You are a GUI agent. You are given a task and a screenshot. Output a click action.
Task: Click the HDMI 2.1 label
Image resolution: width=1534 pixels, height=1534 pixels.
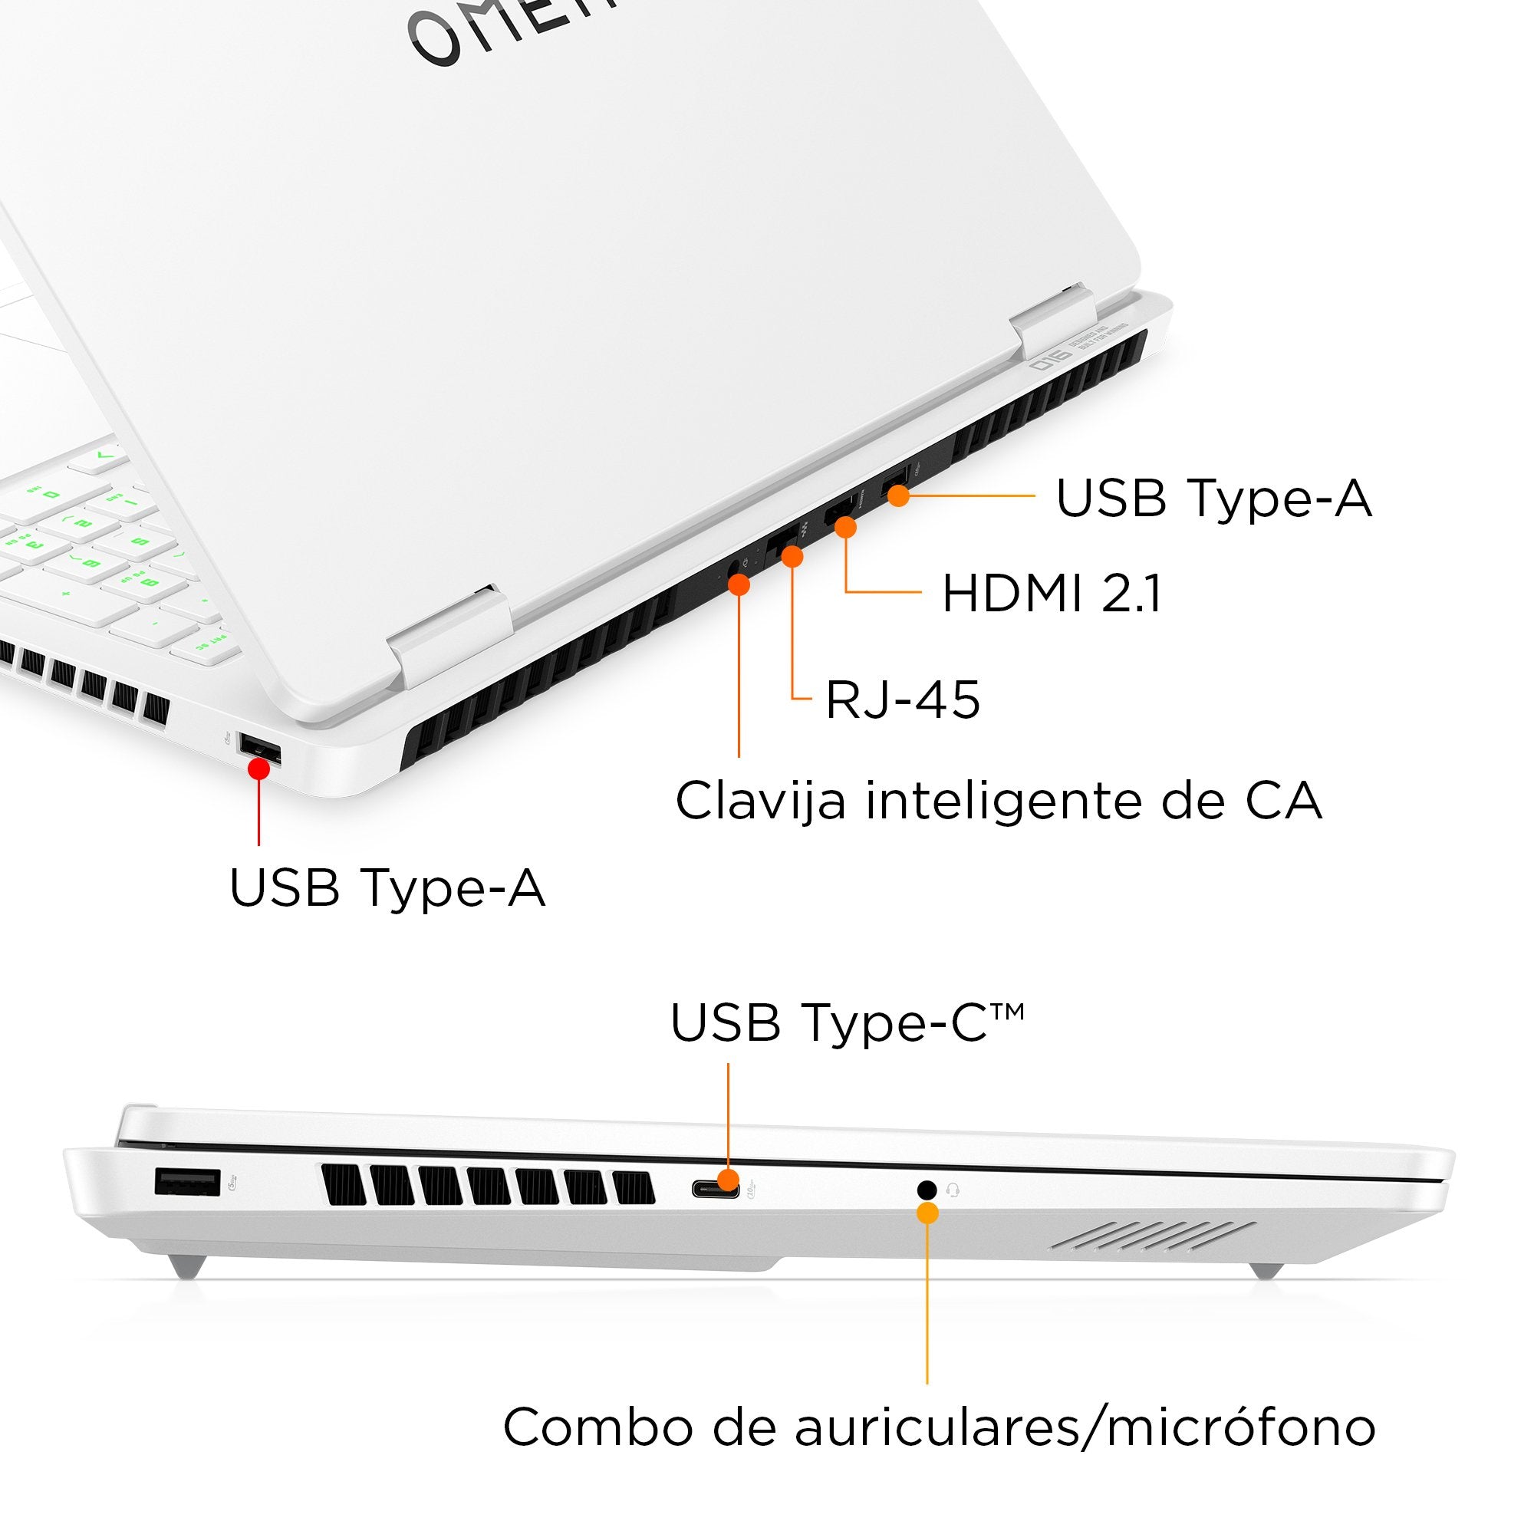click(x=1052, y=594)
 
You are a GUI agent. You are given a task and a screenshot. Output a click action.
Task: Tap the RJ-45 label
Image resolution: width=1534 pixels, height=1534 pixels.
click(x=903, y=700)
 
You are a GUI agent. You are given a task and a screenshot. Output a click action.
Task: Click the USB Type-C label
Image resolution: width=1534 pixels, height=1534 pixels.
click(x=847, y=1022)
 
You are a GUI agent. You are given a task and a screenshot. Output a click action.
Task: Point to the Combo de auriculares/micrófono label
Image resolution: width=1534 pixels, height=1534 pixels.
click(x=940, y=1427)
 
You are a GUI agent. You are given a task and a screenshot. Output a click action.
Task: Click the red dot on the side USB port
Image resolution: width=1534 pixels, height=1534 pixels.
click(x=258, y=769)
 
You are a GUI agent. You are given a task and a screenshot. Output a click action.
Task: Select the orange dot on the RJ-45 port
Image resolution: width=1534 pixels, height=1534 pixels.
click(x=792, y=556)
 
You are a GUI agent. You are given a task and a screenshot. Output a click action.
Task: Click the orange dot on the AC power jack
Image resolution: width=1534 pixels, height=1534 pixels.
click(x=739, y=585)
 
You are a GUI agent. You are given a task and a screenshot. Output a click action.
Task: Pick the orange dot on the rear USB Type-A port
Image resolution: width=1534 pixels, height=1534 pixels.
click(x=898, y=496)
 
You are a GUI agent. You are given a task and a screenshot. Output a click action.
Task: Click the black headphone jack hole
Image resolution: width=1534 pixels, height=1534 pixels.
click(x=926, y=1190)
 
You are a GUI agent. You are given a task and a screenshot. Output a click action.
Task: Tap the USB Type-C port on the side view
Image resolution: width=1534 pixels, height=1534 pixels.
click(x=716, y=1190)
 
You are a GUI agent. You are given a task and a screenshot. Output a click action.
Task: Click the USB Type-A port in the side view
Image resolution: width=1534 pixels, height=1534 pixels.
click(x=187, y=1182)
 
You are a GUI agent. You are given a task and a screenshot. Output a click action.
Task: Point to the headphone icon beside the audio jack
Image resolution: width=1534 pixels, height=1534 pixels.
click(x=953, y=1190)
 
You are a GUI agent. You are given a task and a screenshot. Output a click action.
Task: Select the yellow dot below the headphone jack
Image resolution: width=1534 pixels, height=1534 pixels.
click(x=927, y=1213)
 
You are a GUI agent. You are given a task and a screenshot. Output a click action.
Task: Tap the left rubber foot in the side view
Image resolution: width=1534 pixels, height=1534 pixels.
click(x=187, y=1264)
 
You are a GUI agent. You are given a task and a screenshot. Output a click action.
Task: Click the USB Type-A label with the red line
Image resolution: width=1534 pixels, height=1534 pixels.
click(x=387, y=887)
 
